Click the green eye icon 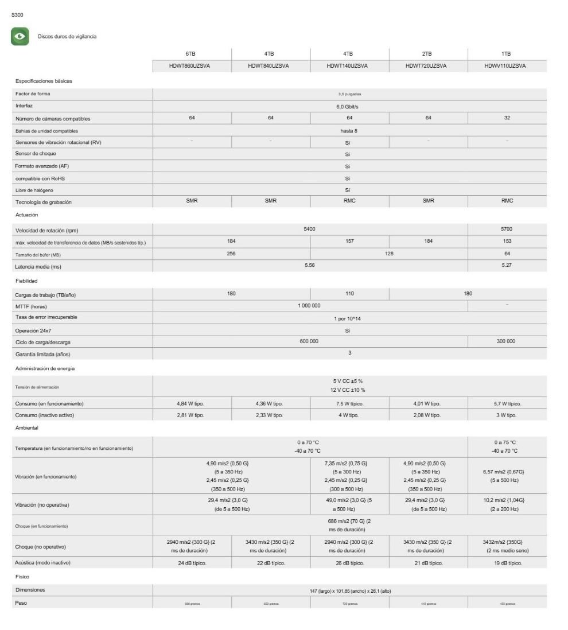(x=21, y=36)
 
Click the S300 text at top (x=17, y=14)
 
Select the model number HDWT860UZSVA (x=192, y=66)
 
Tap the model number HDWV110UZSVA (x=507, y=66)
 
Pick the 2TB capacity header (x=428, y=53)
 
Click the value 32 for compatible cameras (x=507, y=118)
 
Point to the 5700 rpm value (x=507, y=229)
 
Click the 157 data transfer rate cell (x=349, y=241)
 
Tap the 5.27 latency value (x=507, y=266)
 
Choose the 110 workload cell (x=349, y=293)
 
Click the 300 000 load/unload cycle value (x=507, y=341)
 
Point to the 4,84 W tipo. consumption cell (x=192, y=403)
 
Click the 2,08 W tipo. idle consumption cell (x=428, y=415)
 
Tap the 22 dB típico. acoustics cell (x=271, y=563)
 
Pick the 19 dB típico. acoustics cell (x=507, y=563)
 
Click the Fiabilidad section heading (x=26, y=281)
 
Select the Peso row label (x=21, y=602)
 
